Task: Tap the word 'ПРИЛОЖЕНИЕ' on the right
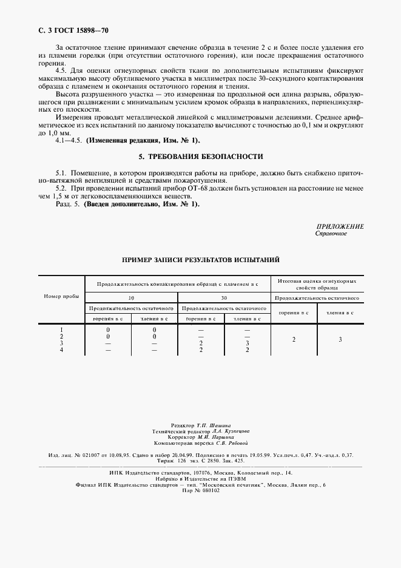(340, 226)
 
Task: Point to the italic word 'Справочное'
(331, 234)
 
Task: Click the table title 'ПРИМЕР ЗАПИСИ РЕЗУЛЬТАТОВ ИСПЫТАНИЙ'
(200, 259)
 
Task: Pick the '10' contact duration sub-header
(131, 298)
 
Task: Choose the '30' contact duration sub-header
(224, 298)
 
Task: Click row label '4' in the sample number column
(61, 350)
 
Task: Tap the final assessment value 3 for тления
(340, 340)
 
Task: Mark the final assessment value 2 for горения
(294, 340)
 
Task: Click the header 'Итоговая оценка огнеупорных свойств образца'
(317, 284)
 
